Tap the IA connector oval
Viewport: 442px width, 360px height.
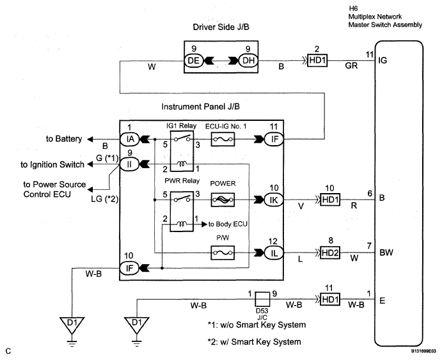(130, 139)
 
